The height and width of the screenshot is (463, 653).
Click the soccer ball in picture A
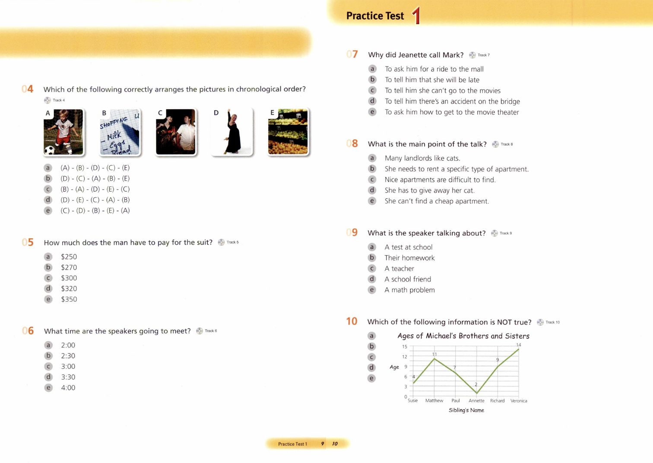(49, 150)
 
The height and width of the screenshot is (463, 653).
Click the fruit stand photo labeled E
(288, 132)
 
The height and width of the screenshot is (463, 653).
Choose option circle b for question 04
(48, 178)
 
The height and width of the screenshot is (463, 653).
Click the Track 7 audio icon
(472, 55)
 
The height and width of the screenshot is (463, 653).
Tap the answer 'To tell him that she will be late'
(432, 80)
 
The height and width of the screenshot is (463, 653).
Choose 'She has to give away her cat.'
(429, 190)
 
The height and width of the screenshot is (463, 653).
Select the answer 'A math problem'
(409, 290)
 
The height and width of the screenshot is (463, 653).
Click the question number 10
(352, 321)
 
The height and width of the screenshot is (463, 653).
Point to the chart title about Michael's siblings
(463, 336)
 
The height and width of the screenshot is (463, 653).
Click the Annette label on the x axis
(476, 401)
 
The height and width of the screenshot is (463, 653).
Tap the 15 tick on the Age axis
(405, 346)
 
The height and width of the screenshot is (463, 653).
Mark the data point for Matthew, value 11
(434, 359)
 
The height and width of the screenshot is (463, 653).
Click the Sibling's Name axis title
(466, 410)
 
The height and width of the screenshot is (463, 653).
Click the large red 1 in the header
(416, 16)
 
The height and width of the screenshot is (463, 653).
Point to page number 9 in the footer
(323, 444)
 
